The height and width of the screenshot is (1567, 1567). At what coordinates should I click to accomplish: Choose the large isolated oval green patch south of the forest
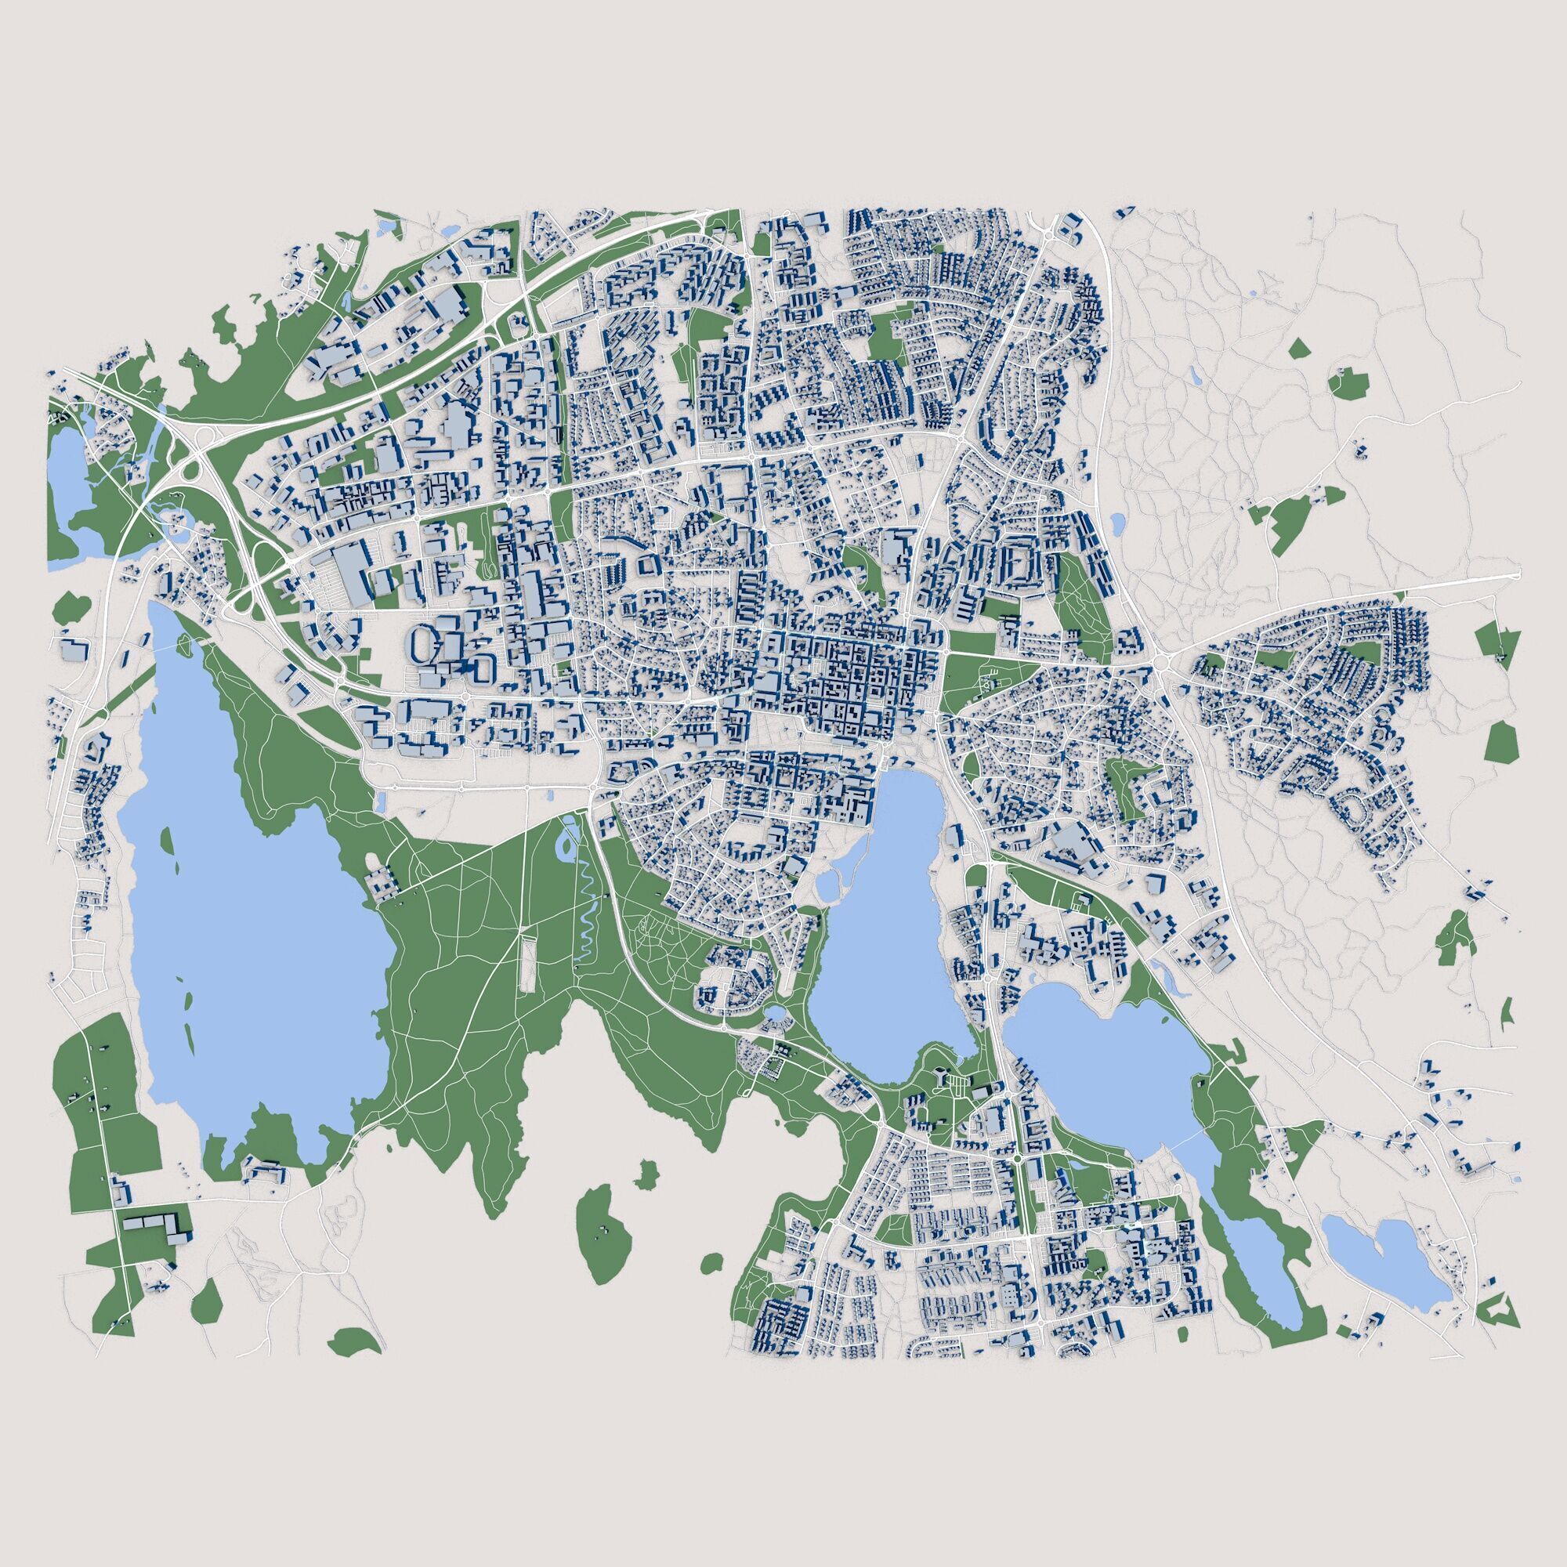point(603,1232)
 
